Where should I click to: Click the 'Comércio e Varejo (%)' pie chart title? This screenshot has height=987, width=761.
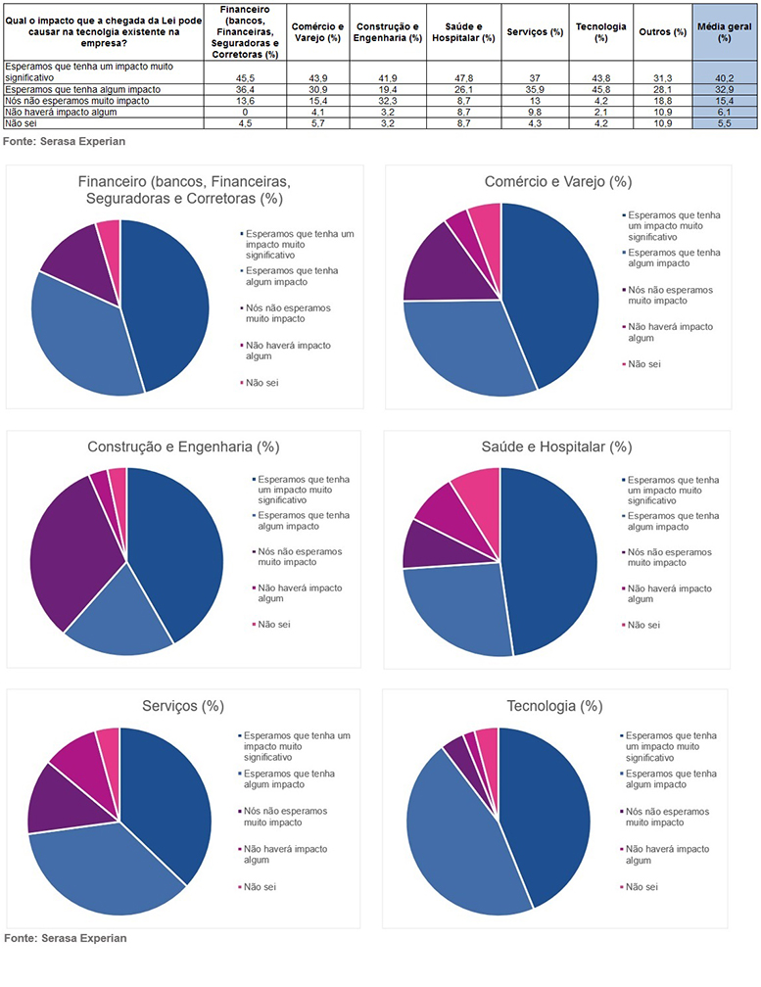pyautogui.click(x=556, y=182)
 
